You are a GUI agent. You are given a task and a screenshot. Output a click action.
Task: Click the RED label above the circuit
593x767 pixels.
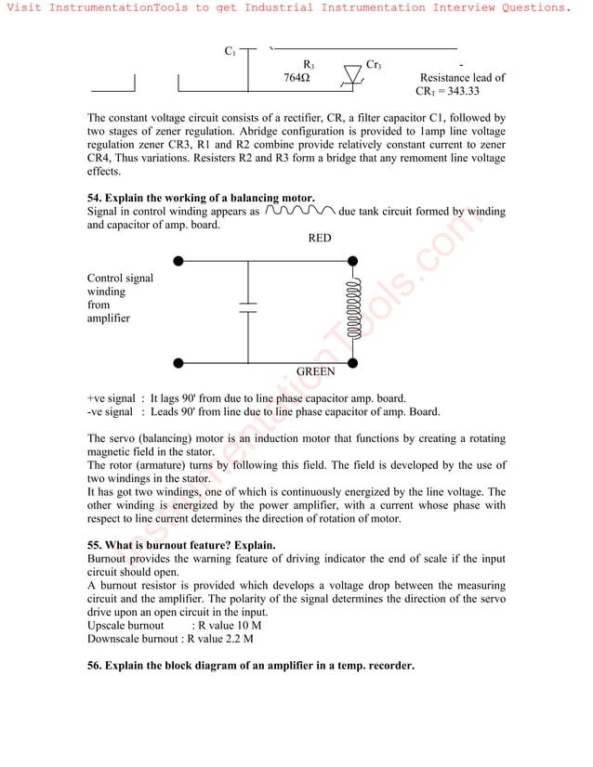click(x=319, y=238)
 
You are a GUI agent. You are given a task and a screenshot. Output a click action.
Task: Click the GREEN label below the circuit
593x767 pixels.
click(x=315, y=371)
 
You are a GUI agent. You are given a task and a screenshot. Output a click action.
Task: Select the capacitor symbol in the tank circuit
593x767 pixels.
click(x=248, y=308)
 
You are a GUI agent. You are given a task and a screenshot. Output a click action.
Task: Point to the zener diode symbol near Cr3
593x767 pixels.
click(x=353, y=75)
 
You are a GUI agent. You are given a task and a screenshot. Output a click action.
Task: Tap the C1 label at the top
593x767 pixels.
click(x=231, y=51)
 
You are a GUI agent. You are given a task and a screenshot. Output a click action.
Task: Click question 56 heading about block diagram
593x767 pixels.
click(x=250, y=666)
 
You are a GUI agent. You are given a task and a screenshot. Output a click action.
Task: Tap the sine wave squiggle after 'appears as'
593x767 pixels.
click(x=299, y=211)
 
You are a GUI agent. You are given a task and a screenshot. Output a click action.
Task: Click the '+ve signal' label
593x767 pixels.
click(x=111, y=398)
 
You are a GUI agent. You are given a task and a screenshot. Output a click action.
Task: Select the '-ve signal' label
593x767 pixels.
click(x=110, y=412)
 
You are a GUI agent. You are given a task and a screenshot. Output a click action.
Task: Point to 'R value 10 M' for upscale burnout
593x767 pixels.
click(x=223, y=625)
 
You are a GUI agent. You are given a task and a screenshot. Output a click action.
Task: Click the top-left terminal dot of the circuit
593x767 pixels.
click(x=178, y=262)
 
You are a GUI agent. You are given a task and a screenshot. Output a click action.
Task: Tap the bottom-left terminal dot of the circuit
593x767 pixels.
click(x=178, y=363)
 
